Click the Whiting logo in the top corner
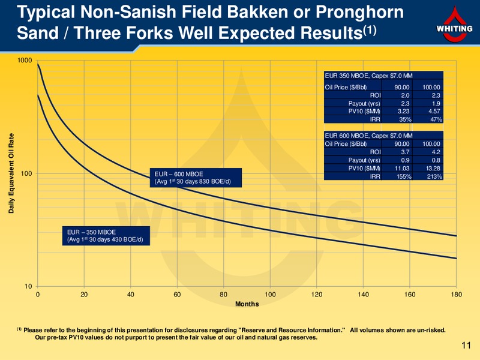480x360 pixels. click(454, 25)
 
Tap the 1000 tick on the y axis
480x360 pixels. click(25, 60)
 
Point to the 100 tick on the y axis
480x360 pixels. click(26, 173)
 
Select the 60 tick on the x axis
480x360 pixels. click(177, 295)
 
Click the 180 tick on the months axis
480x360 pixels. click(456, 295)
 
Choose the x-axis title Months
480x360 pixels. click(247, 304)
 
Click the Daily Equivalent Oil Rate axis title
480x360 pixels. click(11, 173)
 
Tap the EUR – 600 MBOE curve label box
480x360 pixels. click(196, 178)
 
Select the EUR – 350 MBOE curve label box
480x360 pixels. click(106, 236)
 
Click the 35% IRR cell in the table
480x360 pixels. click(405, 119)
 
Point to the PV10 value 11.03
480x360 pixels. click(402, 168)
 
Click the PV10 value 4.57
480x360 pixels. click(434, 112)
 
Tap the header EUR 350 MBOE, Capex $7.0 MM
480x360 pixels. click(368, 76)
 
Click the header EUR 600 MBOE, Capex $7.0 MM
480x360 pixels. click(368, 136)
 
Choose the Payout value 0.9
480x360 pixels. click(405, 160)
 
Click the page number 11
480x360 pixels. click(466, 346)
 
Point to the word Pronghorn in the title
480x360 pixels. click(359, 13)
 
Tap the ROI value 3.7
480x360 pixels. click(405, 152)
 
